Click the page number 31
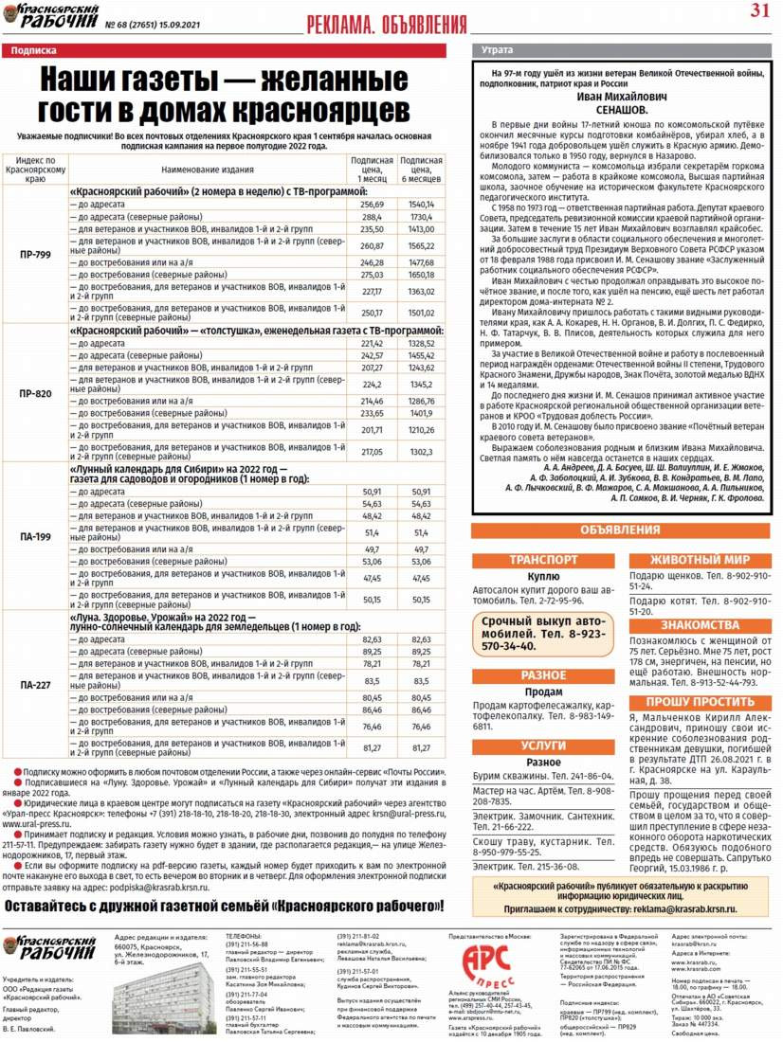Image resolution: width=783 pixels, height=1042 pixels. pos(759,11)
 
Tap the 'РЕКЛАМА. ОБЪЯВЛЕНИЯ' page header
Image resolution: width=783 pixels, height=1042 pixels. pos(388,24)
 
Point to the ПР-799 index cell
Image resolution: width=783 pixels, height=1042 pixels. pos(35,255)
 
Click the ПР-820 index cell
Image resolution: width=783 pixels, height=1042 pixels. pos(35,392)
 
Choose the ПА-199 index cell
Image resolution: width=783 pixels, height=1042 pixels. pos(35,536)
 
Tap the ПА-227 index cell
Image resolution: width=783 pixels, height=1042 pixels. pos(35,684)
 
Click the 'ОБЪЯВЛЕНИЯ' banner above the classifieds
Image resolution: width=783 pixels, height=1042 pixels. pos(621,530)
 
